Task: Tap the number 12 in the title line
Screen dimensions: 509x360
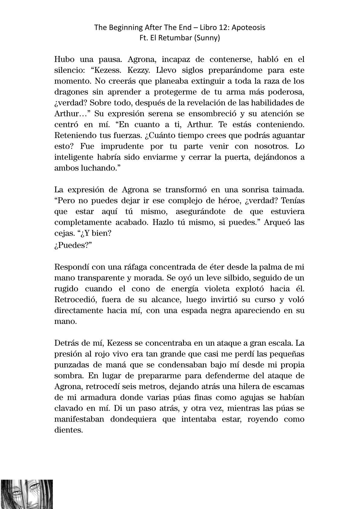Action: (222, 28)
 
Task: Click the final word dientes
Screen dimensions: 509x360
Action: (68, 430)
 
